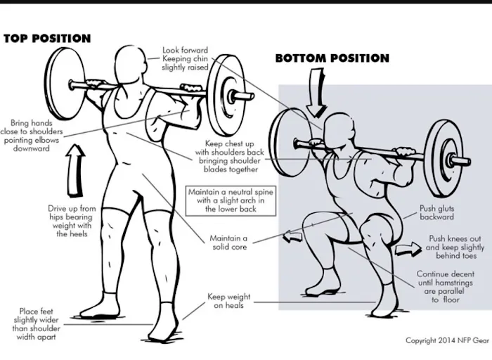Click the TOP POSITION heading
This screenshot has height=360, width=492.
click(x=47, y=38)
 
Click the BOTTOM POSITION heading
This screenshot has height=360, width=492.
click(x=332, y=58)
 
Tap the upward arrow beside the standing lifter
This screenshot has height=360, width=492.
click(x=75, y=170)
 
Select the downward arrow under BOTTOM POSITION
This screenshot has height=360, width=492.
click(x=316, y=93)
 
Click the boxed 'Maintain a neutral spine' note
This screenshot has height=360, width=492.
click(x=231, y=200)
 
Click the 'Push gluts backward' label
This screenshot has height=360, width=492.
click(x=436, y=212)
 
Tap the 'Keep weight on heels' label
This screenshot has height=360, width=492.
click(x=228, y=301)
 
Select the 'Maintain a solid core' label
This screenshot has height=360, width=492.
click(x=228, y=243)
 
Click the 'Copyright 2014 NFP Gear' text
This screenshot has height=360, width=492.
click(x=447, y=340)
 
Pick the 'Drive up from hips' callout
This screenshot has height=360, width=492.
click(x=72, y=221)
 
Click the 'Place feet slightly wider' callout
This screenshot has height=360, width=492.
click(x=36, y=324)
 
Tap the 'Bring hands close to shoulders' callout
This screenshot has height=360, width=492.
click(x=32, y=135)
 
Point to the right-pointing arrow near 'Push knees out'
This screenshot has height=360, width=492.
click(x=408, y=249)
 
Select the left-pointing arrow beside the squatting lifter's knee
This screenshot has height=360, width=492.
click(x=293, y=236)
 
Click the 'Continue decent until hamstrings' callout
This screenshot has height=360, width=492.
click(x=445, y=287)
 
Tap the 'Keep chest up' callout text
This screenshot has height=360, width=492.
click(x=230, y=156)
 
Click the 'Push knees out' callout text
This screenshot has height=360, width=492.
click(x=455, y=247)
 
